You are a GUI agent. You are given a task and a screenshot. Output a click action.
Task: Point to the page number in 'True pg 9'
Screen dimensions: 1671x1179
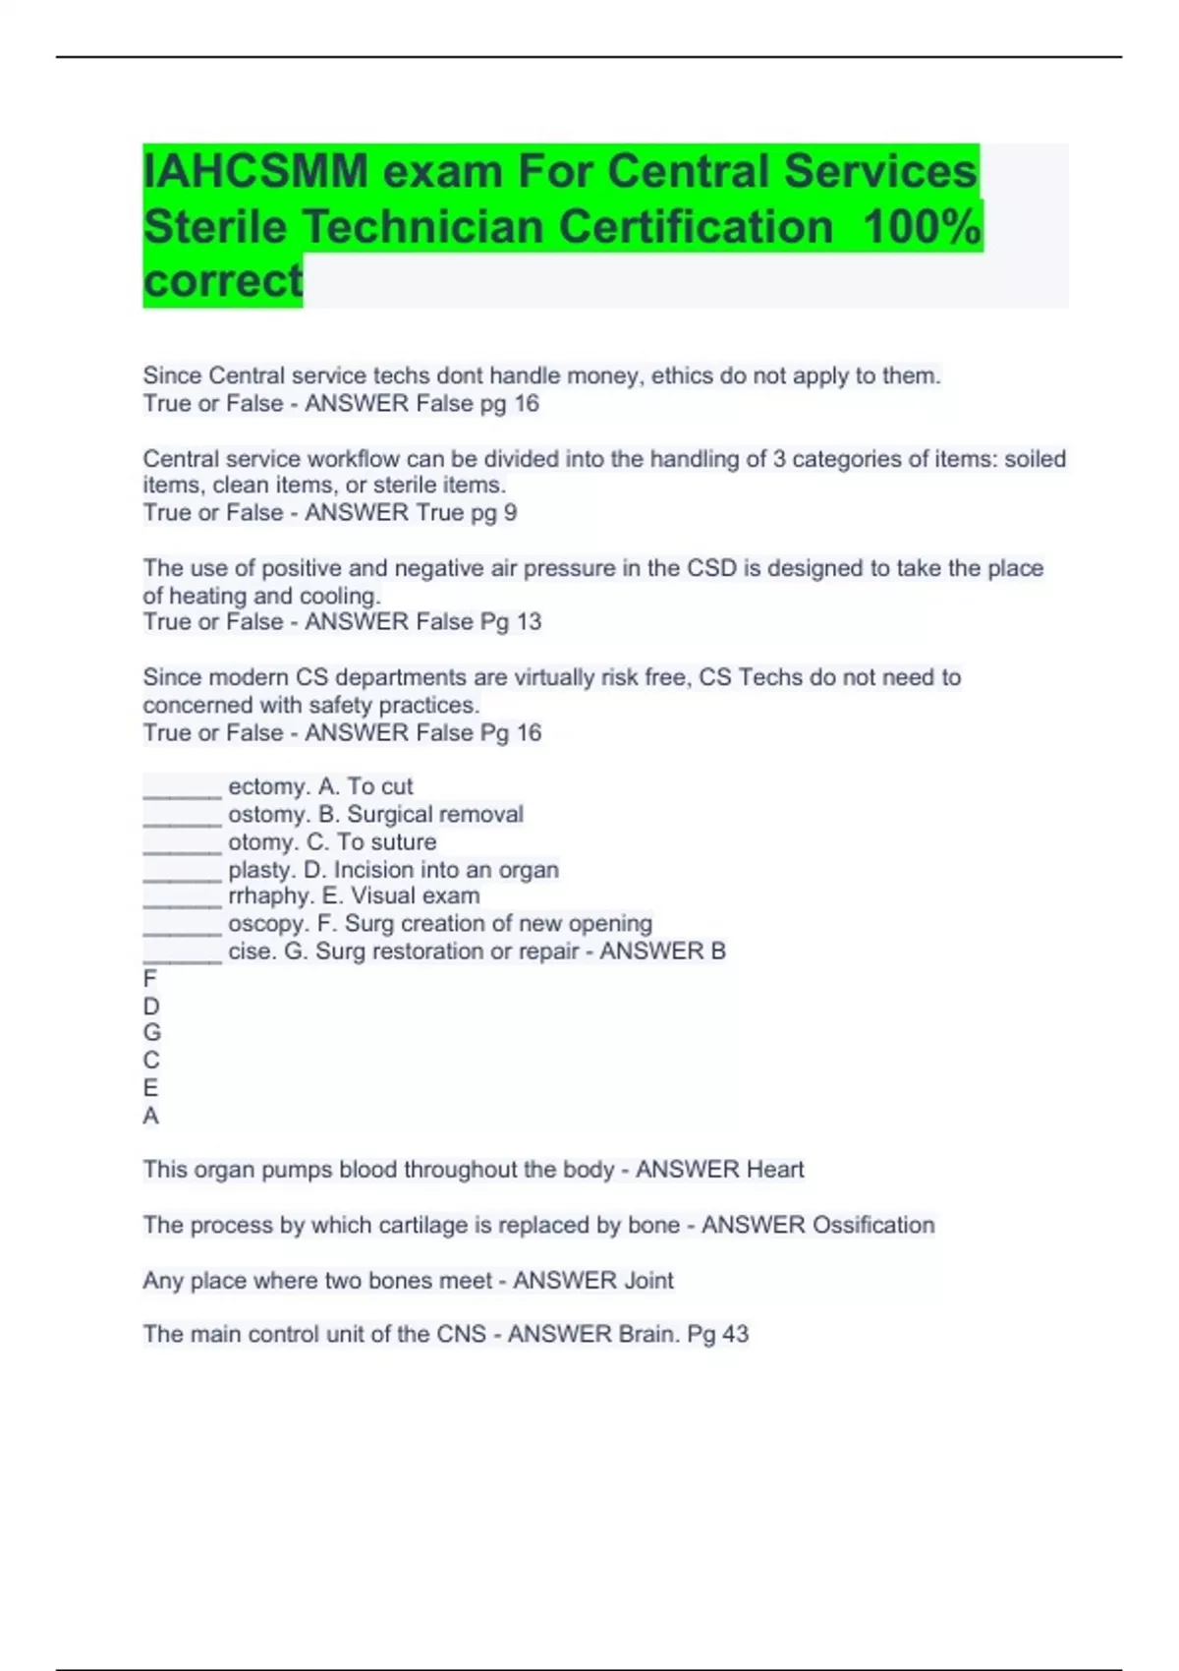click(x=510, y=513)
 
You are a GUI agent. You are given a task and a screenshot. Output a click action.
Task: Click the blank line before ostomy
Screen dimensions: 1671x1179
click(x=183, y=816)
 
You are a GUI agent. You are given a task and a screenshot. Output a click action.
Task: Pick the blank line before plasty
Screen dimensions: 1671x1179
click(x=183, y=871)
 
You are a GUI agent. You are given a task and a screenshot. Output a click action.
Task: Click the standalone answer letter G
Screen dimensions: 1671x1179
click(x=151, y=1033)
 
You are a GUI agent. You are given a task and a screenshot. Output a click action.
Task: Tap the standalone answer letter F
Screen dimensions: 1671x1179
click(x=149, y=979)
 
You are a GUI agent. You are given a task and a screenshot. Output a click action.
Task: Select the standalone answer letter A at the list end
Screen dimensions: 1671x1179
click(x=150, y=1116)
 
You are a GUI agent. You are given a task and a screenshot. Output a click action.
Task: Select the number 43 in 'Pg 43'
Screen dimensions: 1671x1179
click(x=735, y=1335)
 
